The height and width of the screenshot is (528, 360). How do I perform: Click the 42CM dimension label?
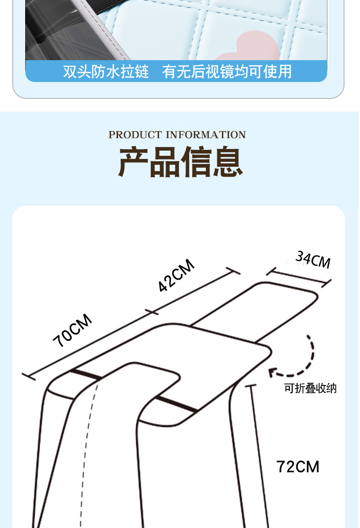point(176,275)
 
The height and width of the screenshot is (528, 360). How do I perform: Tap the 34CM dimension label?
point(313,260)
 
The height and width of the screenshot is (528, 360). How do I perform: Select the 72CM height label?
point(298,466)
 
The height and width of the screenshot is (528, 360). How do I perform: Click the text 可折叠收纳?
point(310,389)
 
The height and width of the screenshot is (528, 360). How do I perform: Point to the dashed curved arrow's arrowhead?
point(272,372)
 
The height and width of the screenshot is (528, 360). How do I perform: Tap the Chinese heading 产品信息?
point(180,162)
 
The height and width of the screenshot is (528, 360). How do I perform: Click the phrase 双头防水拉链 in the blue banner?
point(106,72)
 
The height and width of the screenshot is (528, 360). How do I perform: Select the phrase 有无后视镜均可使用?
point(226,72)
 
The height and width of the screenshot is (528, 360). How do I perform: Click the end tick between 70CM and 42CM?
point(151,312)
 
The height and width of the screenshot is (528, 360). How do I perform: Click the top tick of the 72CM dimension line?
point(251,385)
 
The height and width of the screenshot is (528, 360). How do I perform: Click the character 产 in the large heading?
point(134,162)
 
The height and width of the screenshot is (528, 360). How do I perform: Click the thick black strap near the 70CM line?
point(85,374)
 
